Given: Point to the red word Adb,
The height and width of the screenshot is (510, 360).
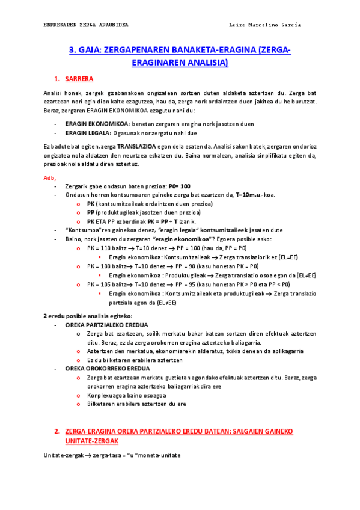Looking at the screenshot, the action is coord(50,178).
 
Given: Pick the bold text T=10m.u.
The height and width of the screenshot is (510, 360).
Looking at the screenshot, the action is coord(250,195).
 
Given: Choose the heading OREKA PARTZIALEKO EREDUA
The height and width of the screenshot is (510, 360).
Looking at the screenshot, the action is coord(106,324).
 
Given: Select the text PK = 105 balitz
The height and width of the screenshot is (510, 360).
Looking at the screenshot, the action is coord(108,284).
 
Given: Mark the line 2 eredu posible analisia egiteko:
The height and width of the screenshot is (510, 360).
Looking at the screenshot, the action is coord(88,316).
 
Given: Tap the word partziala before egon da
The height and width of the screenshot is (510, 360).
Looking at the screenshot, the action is coord(123,303).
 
